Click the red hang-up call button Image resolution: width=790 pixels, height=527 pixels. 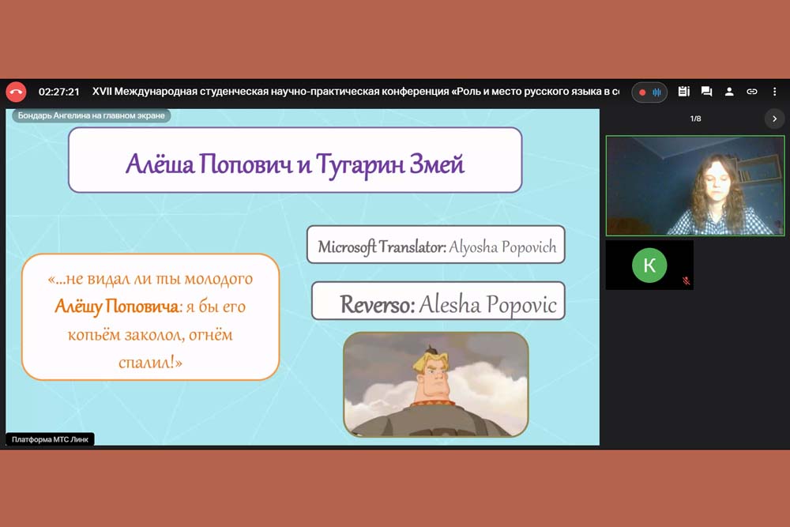pos(16,92)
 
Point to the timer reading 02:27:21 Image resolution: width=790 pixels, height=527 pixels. pos(59,92)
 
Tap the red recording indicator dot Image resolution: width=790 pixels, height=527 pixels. pos(642,92)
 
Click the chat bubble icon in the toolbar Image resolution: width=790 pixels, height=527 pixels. pos(706,92)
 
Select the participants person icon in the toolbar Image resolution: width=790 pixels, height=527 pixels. pos(729,92)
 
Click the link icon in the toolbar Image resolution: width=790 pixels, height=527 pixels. pos(752,92)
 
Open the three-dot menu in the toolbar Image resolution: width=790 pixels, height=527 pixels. pos(774,92)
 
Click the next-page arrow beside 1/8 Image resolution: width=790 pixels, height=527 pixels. pos(774,119)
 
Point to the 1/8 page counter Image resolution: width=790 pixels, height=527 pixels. pos(695,119)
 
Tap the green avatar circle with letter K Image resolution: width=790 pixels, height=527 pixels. pos(649,265)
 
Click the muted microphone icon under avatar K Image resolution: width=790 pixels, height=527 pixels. pos(686,280)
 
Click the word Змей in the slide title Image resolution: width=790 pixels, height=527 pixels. pos(436,164)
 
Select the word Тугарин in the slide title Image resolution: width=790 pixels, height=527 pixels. pos(359,165)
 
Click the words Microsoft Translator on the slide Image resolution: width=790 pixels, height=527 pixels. pos(382,247)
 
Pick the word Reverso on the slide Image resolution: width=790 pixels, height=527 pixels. pos(377,304)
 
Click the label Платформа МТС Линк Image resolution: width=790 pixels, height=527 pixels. pos(50,439)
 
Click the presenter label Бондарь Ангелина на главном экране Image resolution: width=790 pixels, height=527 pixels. pos(91,115)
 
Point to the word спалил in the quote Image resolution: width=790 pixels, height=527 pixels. pos(147,362)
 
